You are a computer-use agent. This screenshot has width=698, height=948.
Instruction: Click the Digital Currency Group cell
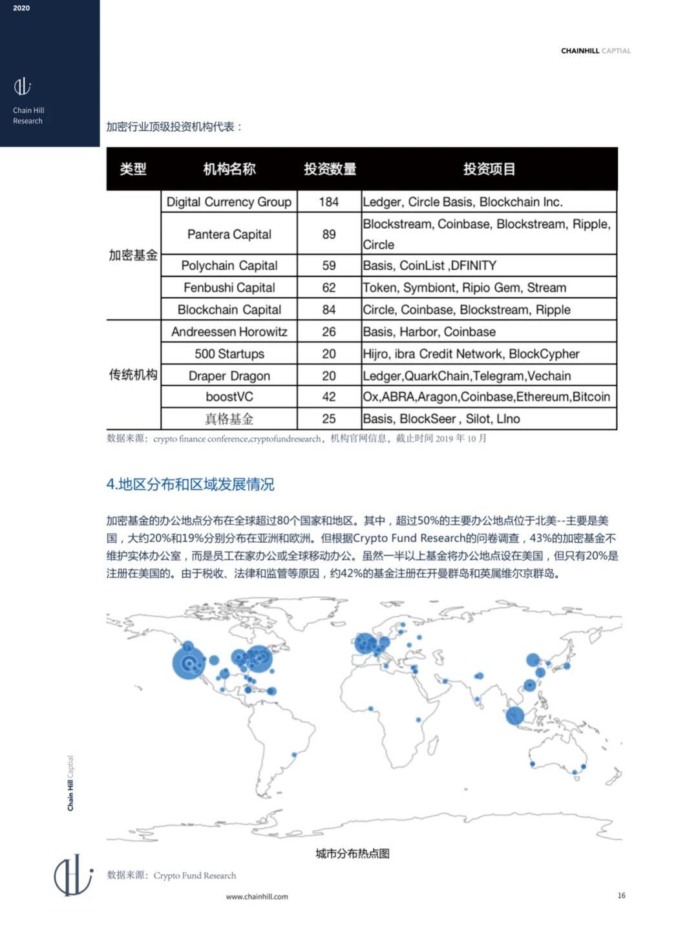click(229, 202)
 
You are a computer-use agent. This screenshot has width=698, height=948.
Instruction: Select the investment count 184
click(328, 202)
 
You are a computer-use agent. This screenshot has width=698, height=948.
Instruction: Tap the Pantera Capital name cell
click(229, 234)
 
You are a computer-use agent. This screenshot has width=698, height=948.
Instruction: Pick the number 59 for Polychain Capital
click(328, 266)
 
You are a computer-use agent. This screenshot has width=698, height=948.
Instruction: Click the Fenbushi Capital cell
click(229, 288)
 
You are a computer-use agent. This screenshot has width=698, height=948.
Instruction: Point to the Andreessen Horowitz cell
click(229, 332)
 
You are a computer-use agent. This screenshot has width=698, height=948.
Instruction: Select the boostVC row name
click(229, 397)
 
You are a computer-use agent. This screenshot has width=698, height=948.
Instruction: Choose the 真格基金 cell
click(229, 419)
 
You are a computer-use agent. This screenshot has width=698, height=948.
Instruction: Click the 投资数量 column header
click(330, 169)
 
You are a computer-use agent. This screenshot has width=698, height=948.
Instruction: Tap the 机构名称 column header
click(229, 169)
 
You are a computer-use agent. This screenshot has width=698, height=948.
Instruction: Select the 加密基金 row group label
click(133, 255)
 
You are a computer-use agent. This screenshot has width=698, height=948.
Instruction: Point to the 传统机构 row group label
click(133, 375)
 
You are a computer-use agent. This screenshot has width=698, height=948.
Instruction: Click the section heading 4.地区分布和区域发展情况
click(190, 484)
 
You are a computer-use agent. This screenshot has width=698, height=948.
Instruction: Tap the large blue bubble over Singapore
click(515, 715)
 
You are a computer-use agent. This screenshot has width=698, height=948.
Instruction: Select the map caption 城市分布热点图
click(352, 854)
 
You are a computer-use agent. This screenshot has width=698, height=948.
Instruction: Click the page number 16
click(621, 895)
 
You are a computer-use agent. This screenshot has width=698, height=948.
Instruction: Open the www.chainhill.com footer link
click(257, 896)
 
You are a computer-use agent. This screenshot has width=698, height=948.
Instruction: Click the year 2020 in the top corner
click(21, 8)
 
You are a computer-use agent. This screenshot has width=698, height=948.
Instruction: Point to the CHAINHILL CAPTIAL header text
click(595, 50)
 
